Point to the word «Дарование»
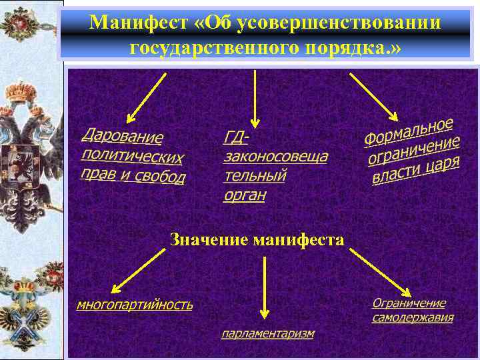122,136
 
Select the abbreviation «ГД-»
236,137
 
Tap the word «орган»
245,195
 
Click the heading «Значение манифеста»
257,239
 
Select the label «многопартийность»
135,305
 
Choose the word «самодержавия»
413,317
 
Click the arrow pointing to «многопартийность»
138,270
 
